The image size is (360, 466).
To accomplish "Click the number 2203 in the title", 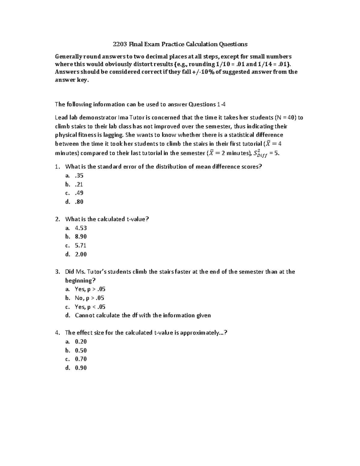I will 120,44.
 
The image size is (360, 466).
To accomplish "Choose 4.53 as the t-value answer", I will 81,228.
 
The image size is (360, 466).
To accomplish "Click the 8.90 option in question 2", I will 81,237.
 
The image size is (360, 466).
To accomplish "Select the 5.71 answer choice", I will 81,245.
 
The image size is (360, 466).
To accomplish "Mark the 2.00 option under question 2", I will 81,254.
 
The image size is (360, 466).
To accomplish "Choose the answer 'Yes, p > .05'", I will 90,289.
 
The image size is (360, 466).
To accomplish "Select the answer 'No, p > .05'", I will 89,298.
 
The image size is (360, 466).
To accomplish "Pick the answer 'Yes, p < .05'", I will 90,307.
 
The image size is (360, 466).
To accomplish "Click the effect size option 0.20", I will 81,341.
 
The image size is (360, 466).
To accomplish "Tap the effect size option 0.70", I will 81,359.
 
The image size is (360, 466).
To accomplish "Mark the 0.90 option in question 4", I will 81,368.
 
